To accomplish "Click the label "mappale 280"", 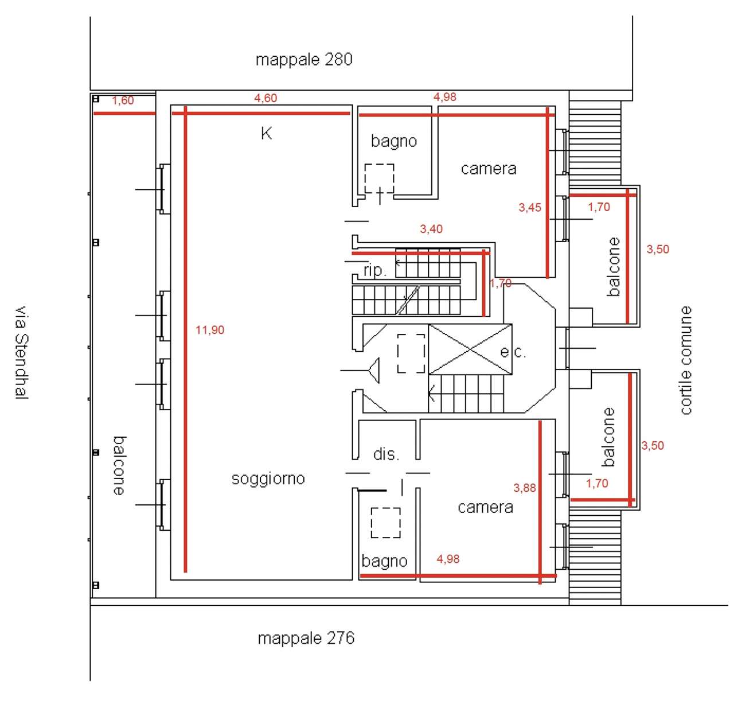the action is [303, 60].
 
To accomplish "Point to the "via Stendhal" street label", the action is [22, 352].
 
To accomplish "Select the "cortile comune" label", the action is [685, 360].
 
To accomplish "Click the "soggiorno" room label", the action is [268, 479].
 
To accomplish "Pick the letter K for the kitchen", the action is [266, 134].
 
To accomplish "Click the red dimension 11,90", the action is [210, 330].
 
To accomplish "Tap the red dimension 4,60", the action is [266, 98].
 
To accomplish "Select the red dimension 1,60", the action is [123, 100].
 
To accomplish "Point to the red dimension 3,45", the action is [529, 207].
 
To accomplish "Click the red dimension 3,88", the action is [524, 488].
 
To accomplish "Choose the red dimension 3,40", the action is [431, 229].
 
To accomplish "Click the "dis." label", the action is [386, 454].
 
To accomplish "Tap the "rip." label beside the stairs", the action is [375, 271].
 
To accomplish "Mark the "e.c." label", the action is [513, 352].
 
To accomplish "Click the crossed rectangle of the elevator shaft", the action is [470, 349].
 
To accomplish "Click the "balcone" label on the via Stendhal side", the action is [120, 466].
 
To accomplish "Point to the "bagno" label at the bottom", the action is [384, 561].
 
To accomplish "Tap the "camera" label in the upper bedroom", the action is [489, 169].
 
